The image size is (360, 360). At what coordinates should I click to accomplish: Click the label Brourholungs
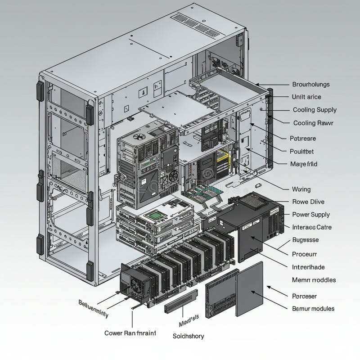coord(310,84)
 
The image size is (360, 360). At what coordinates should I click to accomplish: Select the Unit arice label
coord(306,97)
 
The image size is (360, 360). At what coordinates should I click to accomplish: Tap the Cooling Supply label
coord(315,110)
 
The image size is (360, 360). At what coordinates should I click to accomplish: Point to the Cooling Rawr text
coord(313,123)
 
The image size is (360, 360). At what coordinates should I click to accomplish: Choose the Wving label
coord(301,189)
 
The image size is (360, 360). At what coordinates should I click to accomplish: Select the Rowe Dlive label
coord(308,202)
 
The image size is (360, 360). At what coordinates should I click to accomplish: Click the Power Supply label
coord(311,215)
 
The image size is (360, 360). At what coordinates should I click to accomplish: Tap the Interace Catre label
coord(312,227)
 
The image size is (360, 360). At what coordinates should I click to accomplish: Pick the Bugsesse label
coord(305,240)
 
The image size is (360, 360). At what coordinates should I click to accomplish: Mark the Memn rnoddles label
coord(314,280)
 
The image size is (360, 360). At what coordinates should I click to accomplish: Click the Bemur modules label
coord(313,309)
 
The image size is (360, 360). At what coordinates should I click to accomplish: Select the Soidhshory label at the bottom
coord(188,336)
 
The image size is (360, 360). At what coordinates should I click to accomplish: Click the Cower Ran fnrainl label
coord(130,333)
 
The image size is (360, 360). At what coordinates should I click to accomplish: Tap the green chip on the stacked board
coord(156,216)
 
